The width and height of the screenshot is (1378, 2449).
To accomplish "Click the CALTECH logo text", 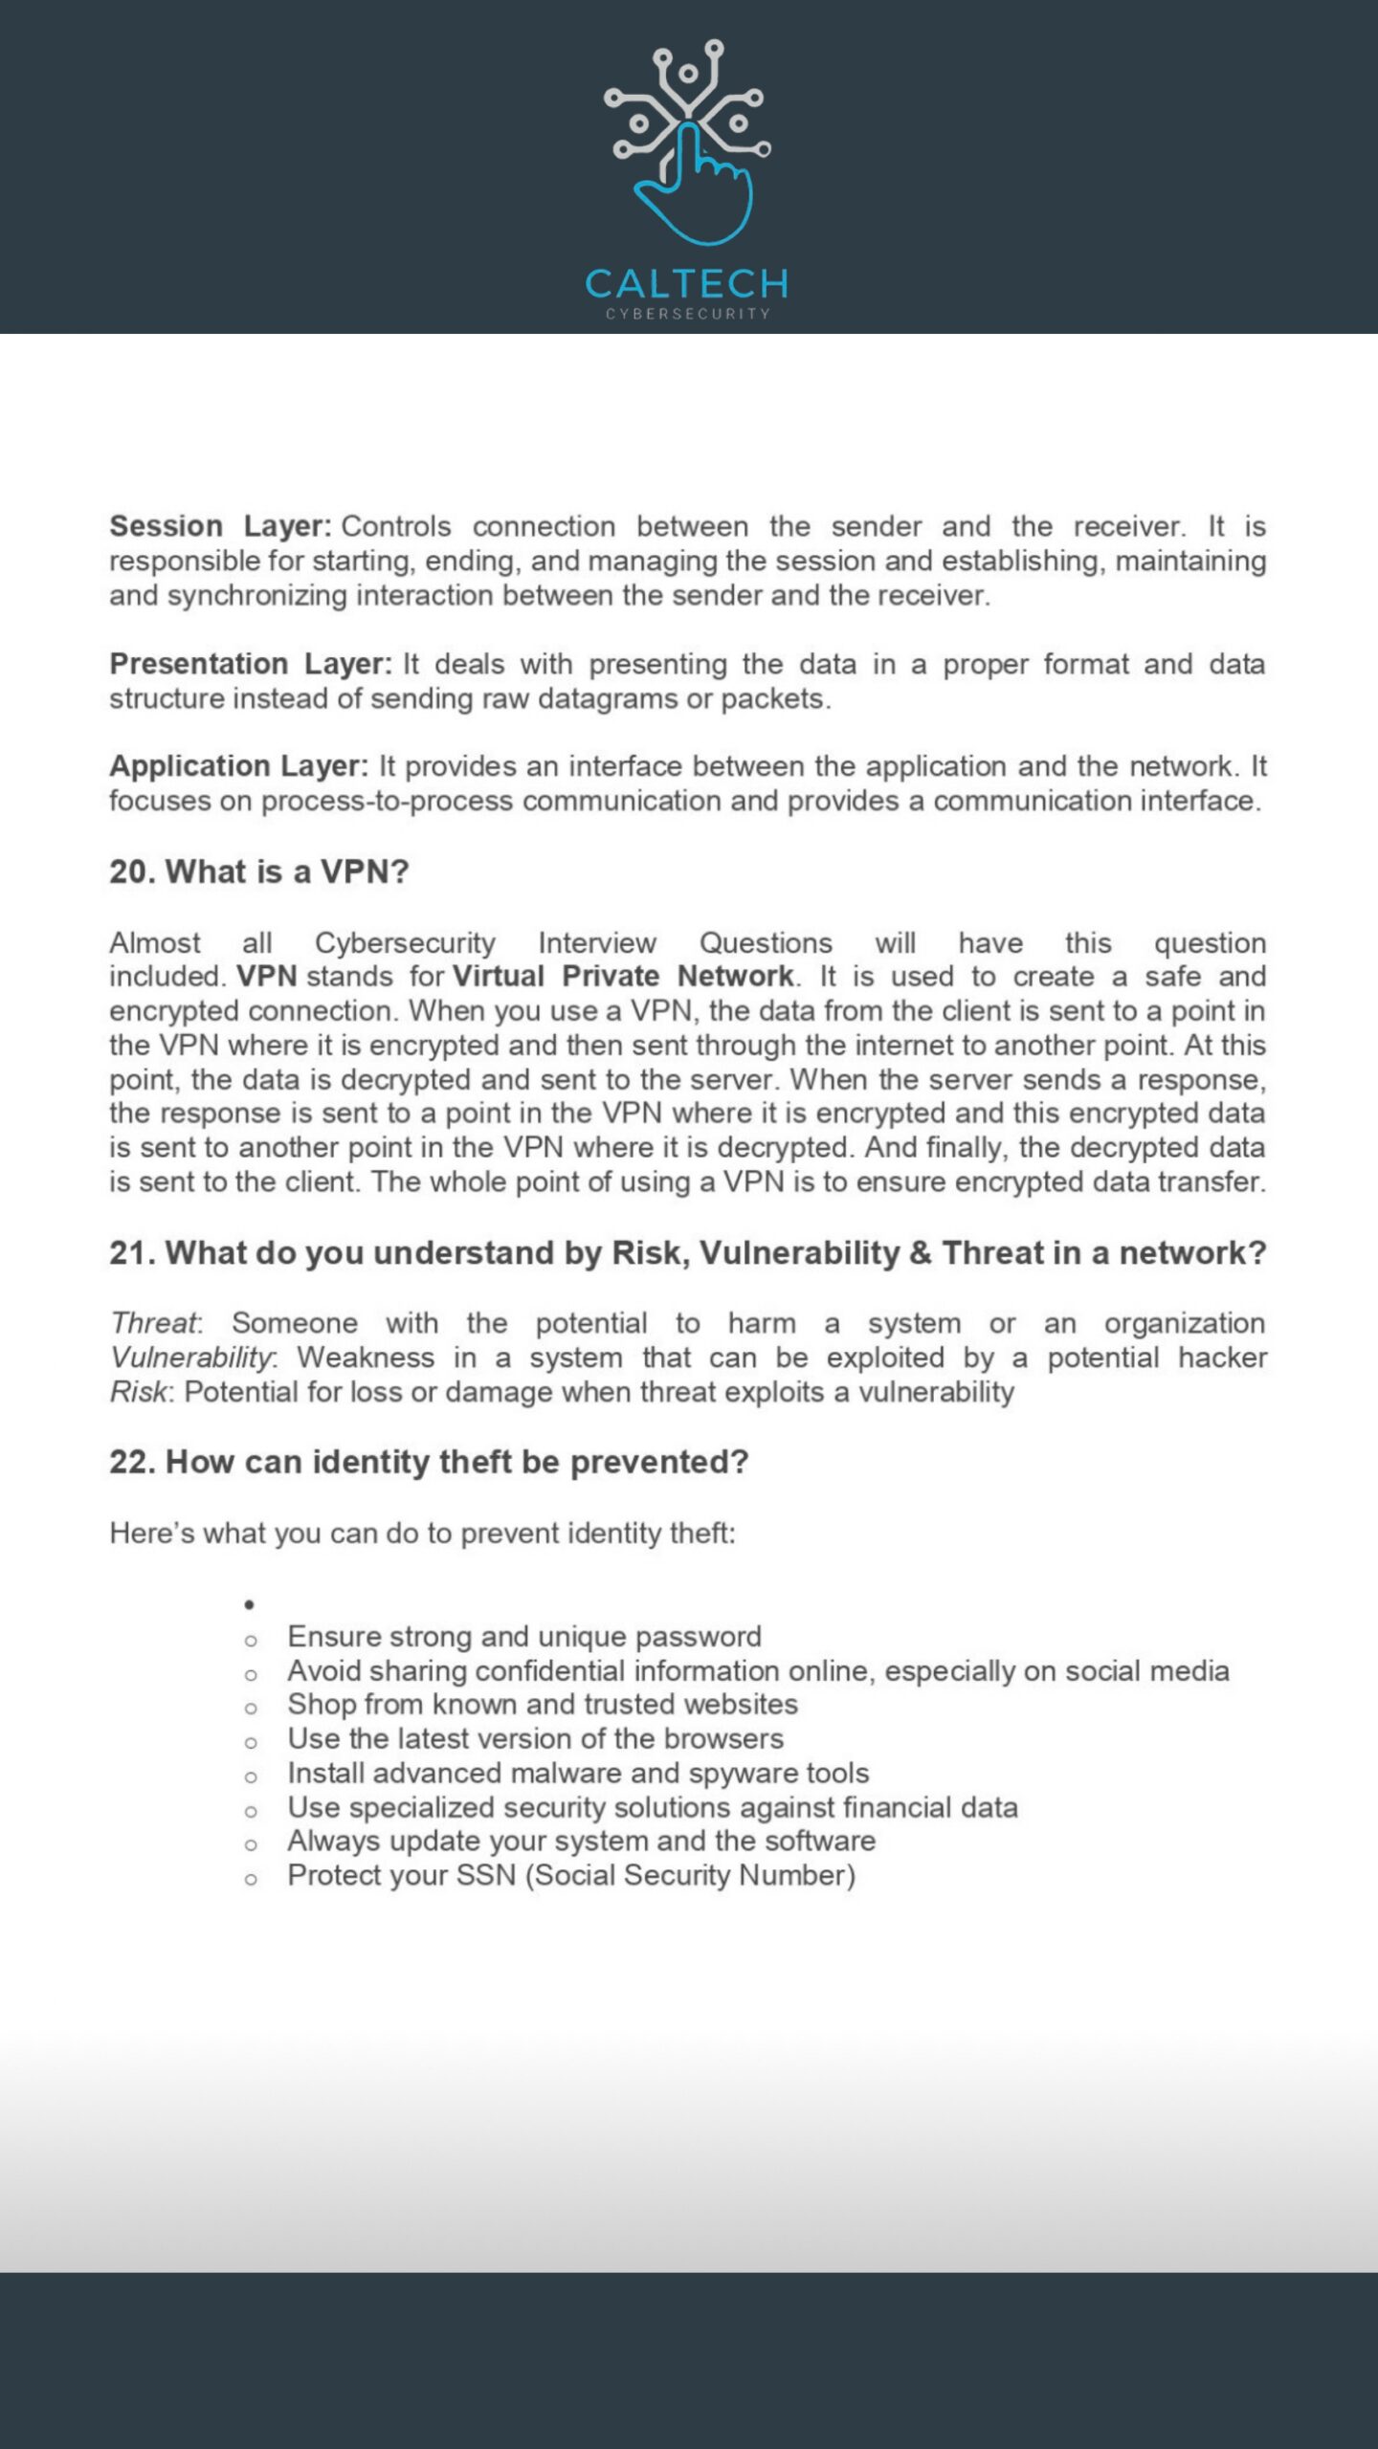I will (x=687, y=284).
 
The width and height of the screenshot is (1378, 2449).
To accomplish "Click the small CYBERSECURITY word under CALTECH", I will (x=687, y=314).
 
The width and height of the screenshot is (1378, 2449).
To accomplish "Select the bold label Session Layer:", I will (x=220, y=526).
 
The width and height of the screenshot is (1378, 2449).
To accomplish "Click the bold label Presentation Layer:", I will (x=251, y=664).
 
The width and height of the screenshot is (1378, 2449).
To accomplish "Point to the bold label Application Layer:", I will (x=238, y=766).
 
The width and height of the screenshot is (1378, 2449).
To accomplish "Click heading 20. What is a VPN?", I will (x=259, y=871).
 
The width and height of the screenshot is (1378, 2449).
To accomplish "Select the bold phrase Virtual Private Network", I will (x=623, y=977).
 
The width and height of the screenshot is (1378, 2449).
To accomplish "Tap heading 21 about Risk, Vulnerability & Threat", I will (x=687, y=1253).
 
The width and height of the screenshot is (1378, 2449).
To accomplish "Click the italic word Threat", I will (x=153, y=1324).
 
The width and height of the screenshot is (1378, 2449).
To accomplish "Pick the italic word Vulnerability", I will (x=190, y=1358).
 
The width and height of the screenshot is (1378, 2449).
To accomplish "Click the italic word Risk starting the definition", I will (x=138, y=1393).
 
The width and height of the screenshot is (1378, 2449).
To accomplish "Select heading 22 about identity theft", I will (x=429, y=1463).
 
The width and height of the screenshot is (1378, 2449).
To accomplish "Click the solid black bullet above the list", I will (x=249, y=1605).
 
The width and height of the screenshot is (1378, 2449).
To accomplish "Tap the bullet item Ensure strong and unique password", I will (x=524, y=1637).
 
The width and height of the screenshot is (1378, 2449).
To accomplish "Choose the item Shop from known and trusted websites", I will (x=543, y=1705).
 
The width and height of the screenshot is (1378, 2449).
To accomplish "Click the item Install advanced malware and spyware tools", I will (x=578, y=1774).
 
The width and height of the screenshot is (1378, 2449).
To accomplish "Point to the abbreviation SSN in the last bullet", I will (x=486, y=1876).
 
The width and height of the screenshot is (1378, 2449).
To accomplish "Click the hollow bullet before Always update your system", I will (x=251, y=1844).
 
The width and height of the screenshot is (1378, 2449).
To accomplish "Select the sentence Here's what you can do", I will (x=422, y=1533).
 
